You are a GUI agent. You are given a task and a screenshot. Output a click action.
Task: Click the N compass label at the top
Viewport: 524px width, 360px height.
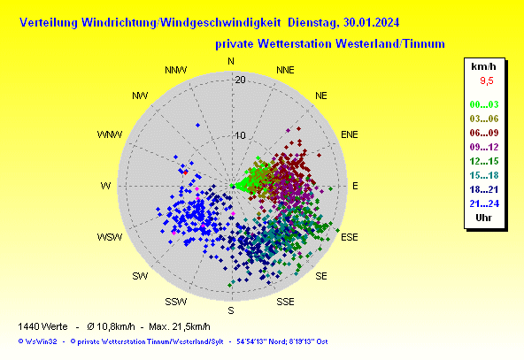(231, 61)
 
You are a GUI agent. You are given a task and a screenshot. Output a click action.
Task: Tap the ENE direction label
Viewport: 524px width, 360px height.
(350, 134)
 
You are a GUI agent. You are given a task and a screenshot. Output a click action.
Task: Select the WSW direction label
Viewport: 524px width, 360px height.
(110, 237)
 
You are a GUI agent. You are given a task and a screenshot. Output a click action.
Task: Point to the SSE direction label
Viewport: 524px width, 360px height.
(285, 302)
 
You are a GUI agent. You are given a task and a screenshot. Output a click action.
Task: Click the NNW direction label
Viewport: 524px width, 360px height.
(176, 70)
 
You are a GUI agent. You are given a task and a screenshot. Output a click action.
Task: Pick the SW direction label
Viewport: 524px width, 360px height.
(140, 276)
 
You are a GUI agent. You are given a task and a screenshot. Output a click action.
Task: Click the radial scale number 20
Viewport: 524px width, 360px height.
(240, 80)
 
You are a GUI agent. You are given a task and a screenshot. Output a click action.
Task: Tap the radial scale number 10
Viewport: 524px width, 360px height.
(240, 135)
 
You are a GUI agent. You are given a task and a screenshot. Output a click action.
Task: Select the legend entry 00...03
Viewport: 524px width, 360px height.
(484, 104)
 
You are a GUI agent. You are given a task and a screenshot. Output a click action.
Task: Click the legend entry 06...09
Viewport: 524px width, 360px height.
(484, 133)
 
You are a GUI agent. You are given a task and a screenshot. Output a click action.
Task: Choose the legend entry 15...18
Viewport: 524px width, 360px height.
(484, 175)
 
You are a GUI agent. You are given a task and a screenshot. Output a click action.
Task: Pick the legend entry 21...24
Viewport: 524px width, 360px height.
(484, 203)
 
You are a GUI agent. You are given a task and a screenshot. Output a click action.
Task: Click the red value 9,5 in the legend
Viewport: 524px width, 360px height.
(487, 80)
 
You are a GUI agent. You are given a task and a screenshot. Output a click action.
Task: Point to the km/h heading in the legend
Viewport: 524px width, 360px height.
(483, 66)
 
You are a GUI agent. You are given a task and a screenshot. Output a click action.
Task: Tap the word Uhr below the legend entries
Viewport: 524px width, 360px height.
(483, 218)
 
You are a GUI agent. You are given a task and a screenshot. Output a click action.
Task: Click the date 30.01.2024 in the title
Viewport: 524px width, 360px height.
(371, 23)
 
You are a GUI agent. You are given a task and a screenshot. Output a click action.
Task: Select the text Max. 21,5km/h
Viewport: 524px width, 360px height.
(180, 326)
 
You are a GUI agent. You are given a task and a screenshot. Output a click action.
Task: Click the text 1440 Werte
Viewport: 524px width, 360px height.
(42, 326)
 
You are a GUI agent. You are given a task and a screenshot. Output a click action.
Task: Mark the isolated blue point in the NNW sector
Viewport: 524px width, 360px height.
(198, 126)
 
